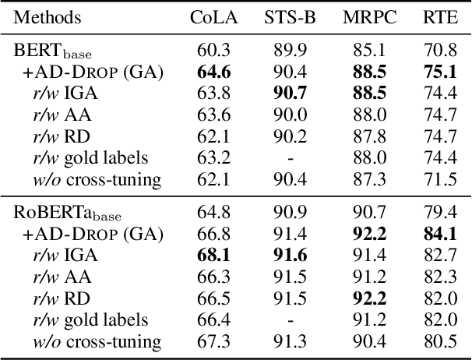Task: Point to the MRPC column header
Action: pyautogui.click(x=365, y=17)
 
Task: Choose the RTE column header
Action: pyautogui.click(x=435, y=17)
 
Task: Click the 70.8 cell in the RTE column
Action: pyautogui.click(x=435, y=51)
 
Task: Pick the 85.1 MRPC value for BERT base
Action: pyautogui.click(x=365, y=51)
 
